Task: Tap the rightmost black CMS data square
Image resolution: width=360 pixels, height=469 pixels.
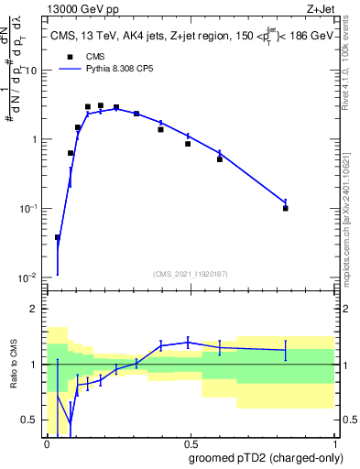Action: tap(286, 208)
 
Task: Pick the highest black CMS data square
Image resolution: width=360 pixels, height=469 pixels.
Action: tap(101, 105)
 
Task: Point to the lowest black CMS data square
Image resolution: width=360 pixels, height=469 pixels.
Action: tap(58, 237)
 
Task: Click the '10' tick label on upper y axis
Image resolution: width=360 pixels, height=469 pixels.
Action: tap(33, 71)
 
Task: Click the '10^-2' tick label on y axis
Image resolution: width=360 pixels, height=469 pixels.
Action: tap(29, 278)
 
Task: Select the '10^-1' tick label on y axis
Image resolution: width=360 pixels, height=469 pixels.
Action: tap(29, 209)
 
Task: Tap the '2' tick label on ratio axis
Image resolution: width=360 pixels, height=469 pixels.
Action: tap(35, 309)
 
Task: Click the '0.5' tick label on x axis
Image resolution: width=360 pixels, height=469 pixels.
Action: tap(191, 443)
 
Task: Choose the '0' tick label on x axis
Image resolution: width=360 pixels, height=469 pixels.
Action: tap(47, 443)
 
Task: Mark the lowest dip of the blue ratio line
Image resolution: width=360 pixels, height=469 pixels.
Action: tap(70, 425)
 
